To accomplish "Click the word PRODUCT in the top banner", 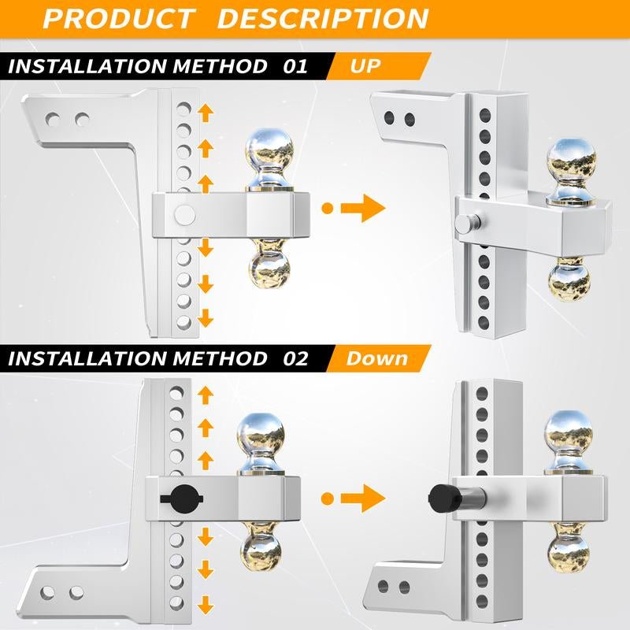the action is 118,18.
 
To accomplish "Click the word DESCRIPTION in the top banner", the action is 323,18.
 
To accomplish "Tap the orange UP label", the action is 365,66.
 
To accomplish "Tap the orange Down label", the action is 377,358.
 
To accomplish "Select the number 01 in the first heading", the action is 295,66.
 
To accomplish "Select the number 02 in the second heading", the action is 295,358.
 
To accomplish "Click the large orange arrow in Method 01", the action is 363,208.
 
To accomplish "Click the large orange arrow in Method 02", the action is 363,498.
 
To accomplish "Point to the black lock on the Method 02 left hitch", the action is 182,498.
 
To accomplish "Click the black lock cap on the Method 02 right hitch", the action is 442,498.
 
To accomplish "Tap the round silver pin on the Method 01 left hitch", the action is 185,215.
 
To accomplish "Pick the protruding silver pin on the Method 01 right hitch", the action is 468,223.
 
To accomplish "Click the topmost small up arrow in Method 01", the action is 206,113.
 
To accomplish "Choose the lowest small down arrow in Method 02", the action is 206,605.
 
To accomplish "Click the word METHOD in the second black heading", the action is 220,358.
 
